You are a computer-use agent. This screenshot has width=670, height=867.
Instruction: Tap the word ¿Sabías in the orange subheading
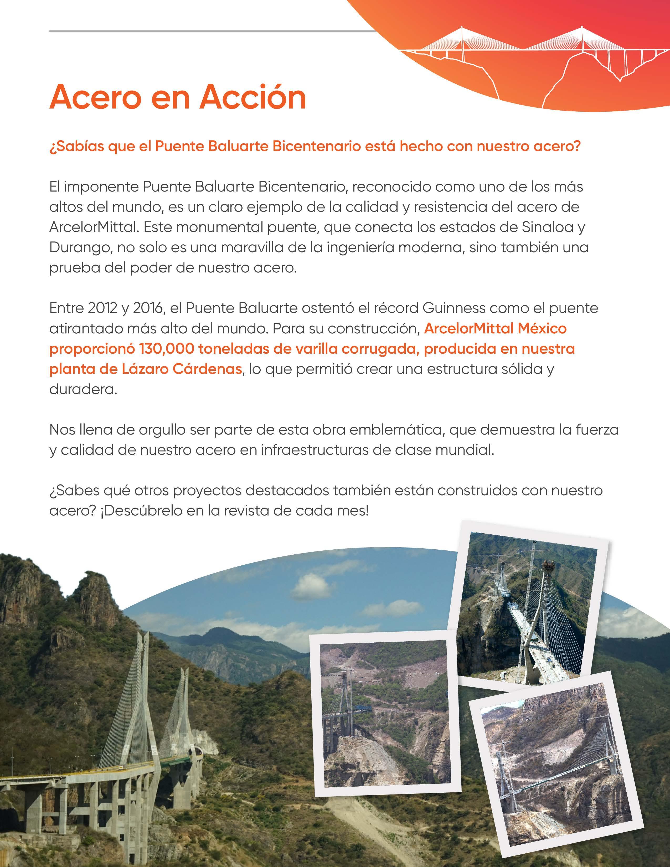[x=75, y=147]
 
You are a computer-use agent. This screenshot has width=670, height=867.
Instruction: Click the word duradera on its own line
[x=83, y=389]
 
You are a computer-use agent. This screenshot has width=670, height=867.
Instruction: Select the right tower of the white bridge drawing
[x=582, y=38]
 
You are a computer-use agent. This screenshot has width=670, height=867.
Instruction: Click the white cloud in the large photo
[x=309, y=584]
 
